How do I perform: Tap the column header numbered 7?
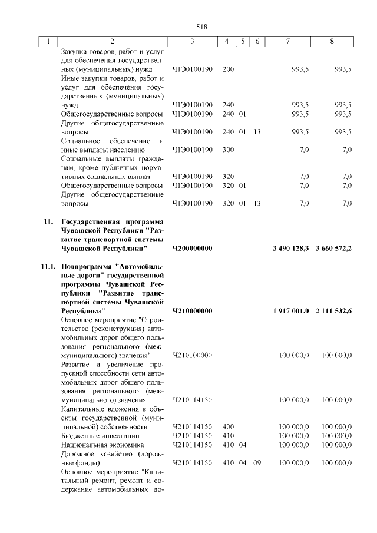pos(287,41)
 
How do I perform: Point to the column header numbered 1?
pos(48,41)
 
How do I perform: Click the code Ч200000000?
pos(192,249)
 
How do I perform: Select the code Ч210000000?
pos(192,310)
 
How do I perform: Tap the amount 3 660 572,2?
pos(333,249)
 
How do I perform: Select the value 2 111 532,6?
pos(333,310)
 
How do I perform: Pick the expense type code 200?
pos(229,69)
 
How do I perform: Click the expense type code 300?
pos(229,150)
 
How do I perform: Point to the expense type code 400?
pos(229,426)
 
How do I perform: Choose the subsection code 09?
pos(257,463)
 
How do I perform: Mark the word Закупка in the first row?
pos(75,51)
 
